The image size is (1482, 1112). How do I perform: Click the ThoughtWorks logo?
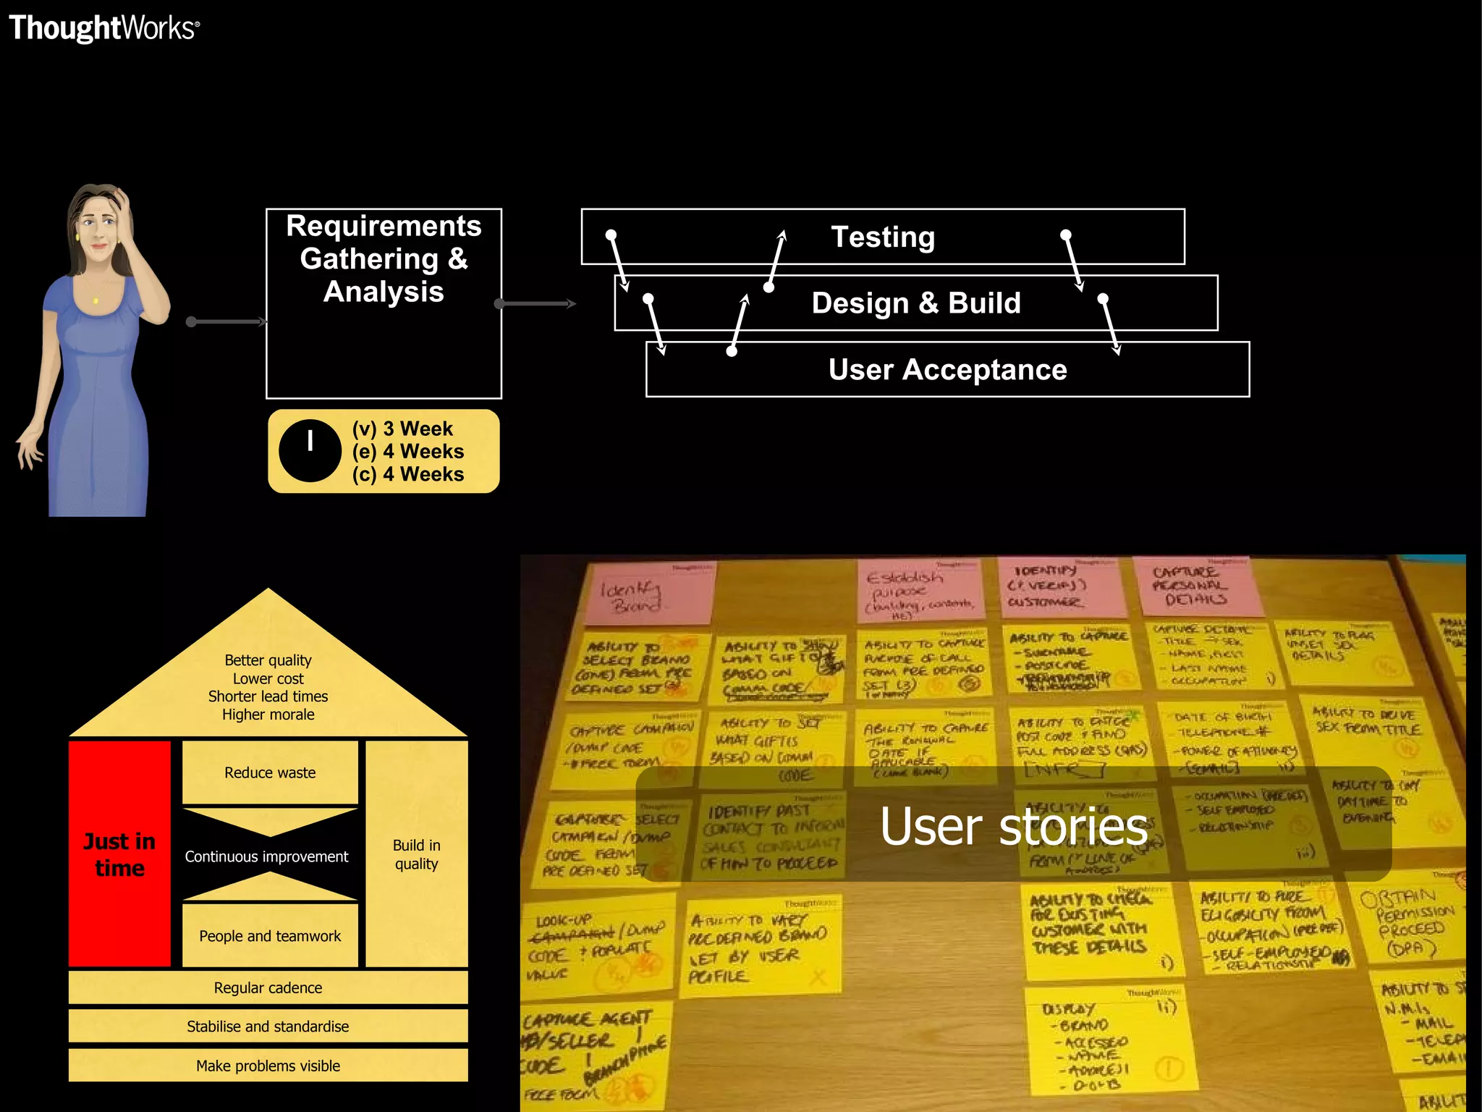tap(103, 28)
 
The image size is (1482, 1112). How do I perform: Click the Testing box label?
tap(882, 237)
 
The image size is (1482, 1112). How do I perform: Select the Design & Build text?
tap(915, 303)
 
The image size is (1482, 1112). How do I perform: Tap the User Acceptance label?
tap(947, 369)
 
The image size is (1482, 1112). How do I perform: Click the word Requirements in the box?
tap(384, 226)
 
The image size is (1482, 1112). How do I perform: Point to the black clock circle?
tap(310, 451)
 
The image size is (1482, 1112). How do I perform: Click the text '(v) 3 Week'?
tap(402, 429)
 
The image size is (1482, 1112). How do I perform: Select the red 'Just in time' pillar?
tap(119, 854)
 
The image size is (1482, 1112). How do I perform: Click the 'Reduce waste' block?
tap(270, 772)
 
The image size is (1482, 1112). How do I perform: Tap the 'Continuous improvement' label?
tap(266, 856)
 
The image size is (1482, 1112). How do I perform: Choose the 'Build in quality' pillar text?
tap(416, 854)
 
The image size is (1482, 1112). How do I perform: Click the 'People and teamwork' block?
tap(270, 936)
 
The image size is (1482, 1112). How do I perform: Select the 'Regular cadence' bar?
tap(268, 987)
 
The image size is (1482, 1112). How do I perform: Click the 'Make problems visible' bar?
tap(268, 1066)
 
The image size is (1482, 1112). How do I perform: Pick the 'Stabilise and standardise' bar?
tap(268, 1027)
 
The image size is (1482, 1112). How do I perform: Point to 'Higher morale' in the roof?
tap(268, 715)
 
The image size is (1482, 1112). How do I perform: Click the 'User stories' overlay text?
tap(1013, 826)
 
